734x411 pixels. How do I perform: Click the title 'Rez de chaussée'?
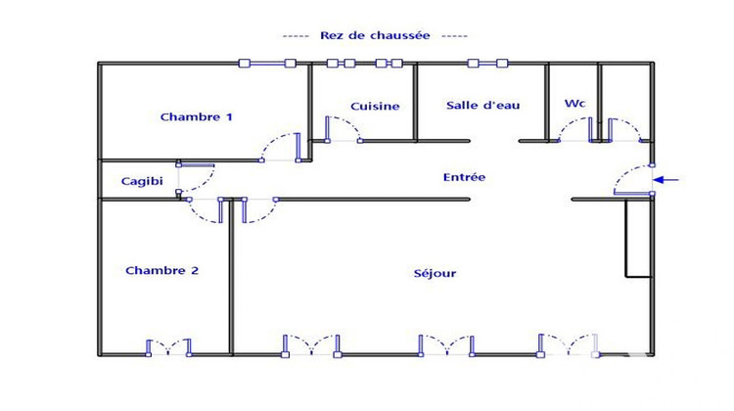[x=375, y=35]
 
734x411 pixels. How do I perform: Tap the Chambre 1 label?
[x=197, y=117]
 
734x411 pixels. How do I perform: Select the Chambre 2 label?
[x=162, y=270]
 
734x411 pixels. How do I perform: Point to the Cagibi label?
[x=141, y=181]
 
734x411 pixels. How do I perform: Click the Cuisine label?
[x=375, y=106]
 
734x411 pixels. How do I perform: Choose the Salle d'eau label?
[x=482, y=106]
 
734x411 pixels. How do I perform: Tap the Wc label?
[x=574, y=103]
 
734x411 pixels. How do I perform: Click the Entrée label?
[x=464, y=177]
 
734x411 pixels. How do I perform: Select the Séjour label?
[x=435, y=273]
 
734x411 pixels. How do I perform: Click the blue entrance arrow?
[x=665, y=180]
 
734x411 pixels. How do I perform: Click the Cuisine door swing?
[x=343, y=128]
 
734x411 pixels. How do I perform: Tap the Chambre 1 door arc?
[x=279, y=148]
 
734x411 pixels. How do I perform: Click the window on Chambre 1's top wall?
[x=267, y=64]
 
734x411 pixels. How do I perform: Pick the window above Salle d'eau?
[x=487, y=64]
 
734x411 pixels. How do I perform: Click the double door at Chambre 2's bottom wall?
[x=168, y=346]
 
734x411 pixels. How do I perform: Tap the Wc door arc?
[x=573, y=130]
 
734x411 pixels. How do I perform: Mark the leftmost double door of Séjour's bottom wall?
[x=311, y=344]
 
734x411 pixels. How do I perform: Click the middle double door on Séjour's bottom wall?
[x=446, y=344]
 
